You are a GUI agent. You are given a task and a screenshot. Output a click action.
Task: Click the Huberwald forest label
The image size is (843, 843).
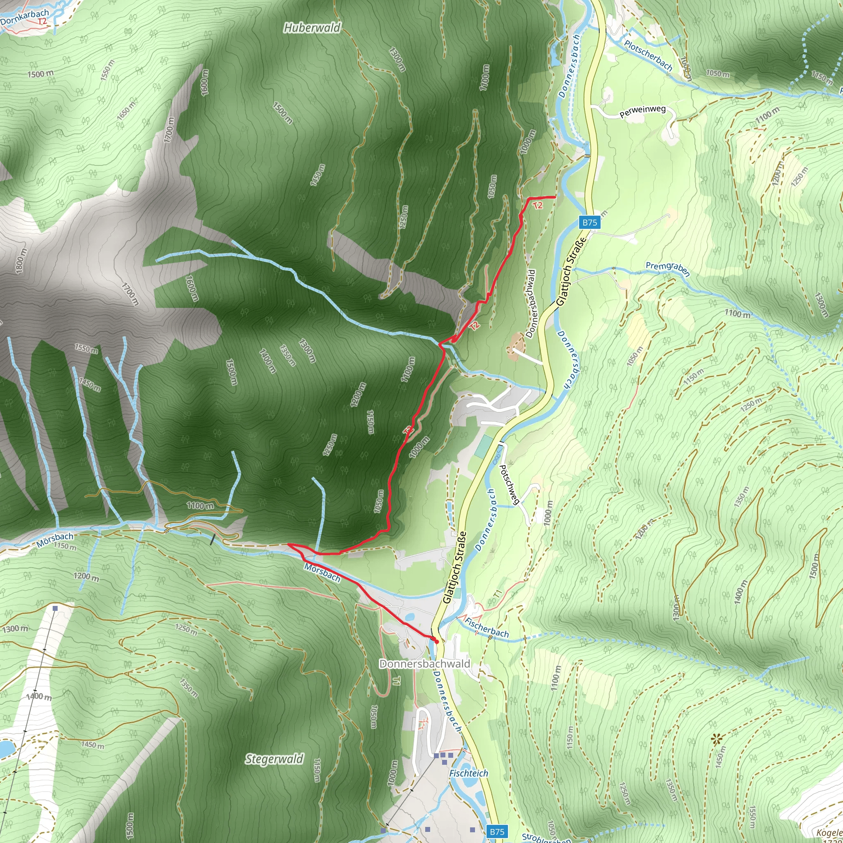(x=312, y=28)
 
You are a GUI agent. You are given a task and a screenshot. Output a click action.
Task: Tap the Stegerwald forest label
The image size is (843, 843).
(x=274, y=759)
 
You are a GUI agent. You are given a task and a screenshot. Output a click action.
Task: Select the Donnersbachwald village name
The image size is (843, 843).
(x=424, y=664)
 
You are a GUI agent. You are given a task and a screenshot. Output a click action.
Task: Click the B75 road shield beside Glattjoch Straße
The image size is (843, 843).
(x=589, y=222)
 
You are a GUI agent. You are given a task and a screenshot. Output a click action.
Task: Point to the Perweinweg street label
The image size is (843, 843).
(x=642, y=111)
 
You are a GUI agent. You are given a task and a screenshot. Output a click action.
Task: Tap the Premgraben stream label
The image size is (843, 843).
(x=668, y=268)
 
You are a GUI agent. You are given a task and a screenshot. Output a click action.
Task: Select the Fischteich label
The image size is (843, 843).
(x=468, y=773)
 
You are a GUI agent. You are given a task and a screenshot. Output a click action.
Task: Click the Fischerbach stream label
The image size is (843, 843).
(x=487, y=627)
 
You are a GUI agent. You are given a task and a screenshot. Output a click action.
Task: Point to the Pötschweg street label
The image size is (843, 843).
(x=509, y=484)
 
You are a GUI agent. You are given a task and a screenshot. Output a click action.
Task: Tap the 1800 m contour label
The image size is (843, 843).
(x=21, y=261)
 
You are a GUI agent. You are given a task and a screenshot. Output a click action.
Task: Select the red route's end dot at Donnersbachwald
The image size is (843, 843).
(x=436, y=642)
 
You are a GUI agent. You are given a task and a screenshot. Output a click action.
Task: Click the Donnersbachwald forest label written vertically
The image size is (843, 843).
(x=531, y=304)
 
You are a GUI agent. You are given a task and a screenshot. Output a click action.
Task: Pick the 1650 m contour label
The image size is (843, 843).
(x=126, y=111)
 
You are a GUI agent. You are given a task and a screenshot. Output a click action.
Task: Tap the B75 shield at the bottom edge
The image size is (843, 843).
(x=497, y=831)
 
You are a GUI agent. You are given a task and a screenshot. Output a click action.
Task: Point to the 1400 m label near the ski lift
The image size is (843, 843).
(x=39, y=696)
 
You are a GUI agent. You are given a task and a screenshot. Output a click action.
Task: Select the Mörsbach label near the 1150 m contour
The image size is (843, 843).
(x=55, y=540)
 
